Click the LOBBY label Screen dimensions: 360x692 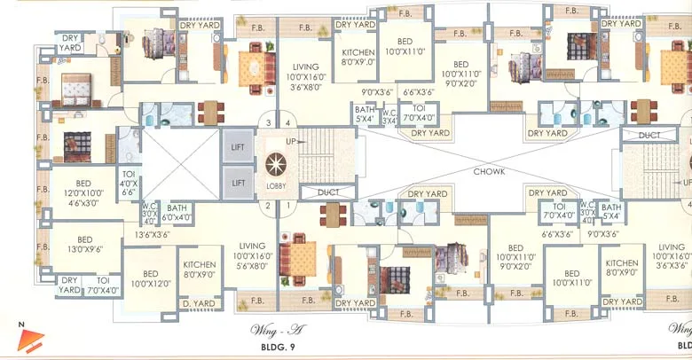click(276, 187)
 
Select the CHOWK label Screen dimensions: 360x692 click(489, 170)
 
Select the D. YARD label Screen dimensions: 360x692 click(198, 303)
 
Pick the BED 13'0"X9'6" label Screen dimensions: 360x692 click(85, 244)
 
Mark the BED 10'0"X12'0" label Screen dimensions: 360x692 click(151, 278)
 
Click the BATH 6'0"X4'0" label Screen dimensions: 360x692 click(177, 211)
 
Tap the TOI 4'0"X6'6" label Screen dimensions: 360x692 click(129, 181)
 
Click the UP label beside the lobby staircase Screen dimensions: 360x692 click(290, 142)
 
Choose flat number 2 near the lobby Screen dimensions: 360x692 click(266, 206)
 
